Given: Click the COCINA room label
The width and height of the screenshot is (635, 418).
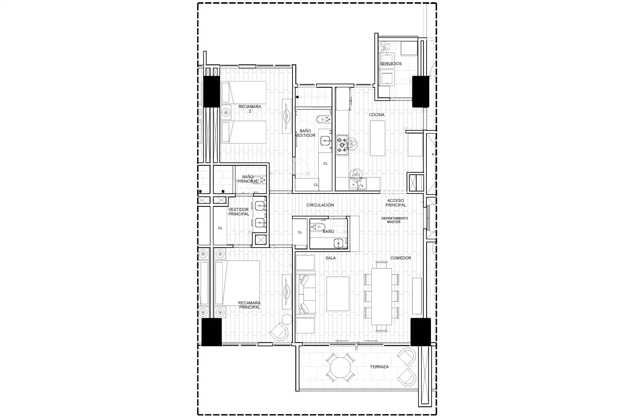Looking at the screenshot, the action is coord(377,115).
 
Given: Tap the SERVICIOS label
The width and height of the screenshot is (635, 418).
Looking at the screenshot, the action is coord(391,64).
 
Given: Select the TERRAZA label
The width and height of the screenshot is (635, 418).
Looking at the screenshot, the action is coord(379,367).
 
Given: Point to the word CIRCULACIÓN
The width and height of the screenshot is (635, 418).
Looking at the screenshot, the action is coord(320,205).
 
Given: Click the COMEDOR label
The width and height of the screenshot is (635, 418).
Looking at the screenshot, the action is coord(401,258).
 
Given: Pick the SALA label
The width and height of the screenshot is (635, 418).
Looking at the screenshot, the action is coord(331,258).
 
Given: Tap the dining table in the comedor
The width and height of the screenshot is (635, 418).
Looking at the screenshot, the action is coord(381,296).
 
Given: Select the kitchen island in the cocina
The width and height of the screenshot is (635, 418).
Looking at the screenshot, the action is coord(377,138).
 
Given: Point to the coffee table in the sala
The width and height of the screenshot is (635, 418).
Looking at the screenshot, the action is coord(338,294).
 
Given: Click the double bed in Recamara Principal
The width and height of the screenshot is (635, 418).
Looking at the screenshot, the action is coord(237,283).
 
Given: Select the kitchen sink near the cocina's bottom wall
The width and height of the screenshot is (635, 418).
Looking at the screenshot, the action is coord(357,183).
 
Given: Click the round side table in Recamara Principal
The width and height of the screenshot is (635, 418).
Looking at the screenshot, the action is coord(287,319).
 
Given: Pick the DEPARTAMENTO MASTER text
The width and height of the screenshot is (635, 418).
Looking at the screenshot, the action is coord(394,220).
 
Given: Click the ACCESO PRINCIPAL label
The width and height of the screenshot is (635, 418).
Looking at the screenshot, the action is coord(396,203).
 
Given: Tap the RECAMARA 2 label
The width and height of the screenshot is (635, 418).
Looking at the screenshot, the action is coord(250,109).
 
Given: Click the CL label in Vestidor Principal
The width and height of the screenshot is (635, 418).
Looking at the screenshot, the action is coord(220,228).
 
